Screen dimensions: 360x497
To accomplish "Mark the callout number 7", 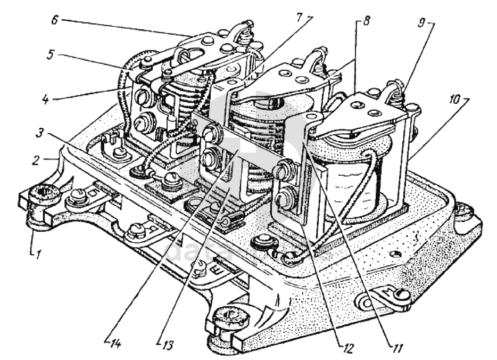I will coord(301,17).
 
